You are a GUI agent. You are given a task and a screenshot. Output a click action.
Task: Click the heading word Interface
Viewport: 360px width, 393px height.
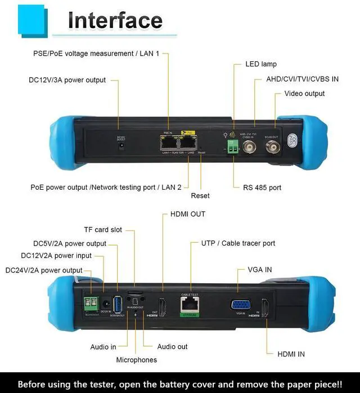pos(115,20)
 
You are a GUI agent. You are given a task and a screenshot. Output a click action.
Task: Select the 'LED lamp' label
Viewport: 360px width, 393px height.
pos(261,64)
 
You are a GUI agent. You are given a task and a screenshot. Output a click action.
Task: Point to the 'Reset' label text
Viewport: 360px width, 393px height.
pos(200,195)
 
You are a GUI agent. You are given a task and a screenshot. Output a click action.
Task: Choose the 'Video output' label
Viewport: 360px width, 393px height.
pos(304,93)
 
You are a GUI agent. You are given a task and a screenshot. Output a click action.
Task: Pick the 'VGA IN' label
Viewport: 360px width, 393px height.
pos(260,270)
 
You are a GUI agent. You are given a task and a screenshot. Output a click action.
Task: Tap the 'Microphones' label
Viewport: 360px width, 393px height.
pos(137,359)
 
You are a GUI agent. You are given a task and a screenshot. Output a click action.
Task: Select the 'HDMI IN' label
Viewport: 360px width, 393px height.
pos(291,354)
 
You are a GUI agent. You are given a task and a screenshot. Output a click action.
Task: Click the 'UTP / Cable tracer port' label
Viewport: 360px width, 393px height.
pos(238,244)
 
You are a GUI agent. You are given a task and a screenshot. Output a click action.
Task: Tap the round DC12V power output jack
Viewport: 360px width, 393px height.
pos(120,145)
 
